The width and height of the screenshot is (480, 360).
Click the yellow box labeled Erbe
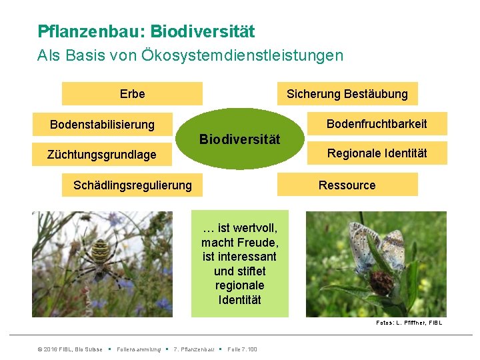point(132,94)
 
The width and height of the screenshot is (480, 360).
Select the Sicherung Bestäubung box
point(347,94)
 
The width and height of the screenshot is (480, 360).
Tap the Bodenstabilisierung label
point(102,125)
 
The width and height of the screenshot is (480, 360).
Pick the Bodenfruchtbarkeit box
point(377,123)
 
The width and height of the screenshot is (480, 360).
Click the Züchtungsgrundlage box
point(102,155)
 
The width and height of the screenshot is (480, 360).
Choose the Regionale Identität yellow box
point(377,154)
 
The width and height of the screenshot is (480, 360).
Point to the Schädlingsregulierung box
point(132,185)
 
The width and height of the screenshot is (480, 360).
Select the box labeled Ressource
point(347,185)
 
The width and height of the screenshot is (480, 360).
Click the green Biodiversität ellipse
point(240,139)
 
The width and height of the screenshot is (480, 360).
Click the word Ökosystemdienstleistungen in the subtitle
point(243,55)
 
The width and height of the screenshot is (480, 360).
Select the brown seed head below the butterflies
point(381,283)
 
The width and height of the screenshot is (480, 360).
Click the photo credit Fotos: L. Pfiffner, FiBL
point(409,323)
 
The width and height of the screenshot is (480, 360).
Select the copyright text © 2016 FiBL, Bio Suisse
point(70,349)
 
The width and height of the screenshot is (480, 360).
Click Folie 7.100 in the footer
point(242,349)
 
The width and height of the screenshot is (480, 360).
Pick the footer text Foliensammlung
point(139,349)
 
